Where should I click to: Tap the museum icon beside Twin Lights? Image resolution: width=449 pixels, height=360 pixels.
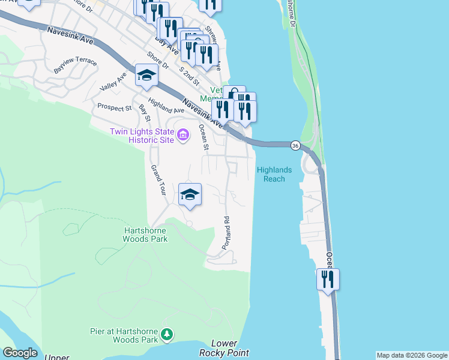184,136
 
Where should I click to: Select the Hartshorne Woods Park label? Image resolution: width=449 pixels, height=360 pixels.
145,234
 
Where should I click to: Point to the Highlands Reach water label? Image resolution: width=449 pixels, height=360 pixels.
274,174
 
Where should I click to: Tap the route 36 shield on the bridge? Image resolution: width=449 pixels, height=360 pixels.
295,146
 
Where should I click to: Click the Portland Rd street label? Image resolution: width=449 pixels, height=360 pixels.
226,233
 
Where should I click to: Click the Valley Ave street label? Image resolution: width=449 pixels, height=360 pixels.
113,82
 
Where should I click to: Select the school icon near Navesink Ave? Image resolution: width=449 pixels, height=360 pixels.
146,76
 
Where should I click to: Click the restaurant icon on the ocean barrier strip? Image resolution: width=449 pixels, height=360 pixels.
328,279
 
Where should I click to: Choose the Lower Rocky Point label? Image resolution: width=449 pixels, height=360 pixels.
230,349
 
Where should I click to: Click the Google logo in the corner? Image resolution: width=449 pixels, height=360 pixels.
20,353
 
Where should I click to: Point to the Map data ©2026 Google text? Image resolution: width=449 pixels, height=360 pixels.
412,355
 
